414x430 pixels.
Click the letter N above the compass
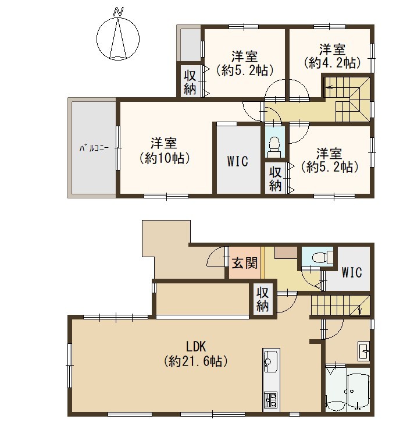pos(118,12)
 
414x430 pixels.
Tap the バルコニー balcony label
pos(94,148)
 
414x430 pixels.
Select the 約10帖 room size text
pos(165,158)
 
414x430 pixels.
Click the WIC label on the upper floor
pos(238,161)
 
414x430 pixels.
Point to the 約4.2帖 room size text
pos(331,63)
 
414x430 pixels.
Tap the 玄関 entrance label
pos(245,264)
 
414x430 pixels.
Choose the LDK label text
pos(196,346)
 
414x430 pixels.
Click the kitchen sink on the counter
pos(271,361)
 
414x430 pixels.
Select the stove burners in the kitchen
pos(271,400)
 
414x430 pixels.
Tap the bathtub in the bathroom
pos(358,389)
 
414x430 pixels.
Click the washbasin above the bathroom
pos(364,351)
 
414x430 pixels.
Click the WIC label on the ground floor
pos(352,272)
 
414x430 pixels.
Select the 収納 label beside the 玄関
pos(262,299)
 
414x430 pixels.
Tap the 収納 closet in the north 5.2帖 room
pos(190,82)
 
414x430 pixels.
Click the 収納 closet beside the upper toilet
pos(276,179)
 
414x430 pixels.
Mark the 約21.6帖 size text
pos(196,361)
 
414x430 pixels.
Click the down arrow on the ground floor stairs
pos(360,310)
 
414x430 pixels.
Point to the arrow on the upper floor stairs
pos(330,88)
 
